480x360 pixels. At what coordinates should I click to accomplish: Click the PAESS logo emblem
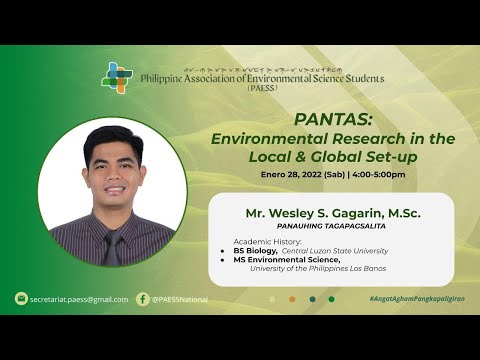click(x=118, y=77)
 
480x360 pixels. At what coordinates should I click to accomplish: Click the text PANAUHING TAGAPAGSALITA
click(x=331, y=228)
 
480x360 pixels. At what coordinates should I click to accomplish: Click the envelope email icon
click(x=21, y=298)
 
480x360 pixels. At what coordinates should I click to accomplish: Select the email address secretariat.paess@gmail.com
click(x=79, y=299)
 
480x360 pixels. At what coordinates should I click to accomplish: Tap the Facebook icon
click(x=143, y=298)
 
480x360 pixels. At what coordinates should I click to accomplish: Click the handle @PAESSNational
click(x=180, y=299)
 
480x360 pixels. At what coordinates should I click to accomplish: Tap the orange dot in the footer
click(x=292, y=299)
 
